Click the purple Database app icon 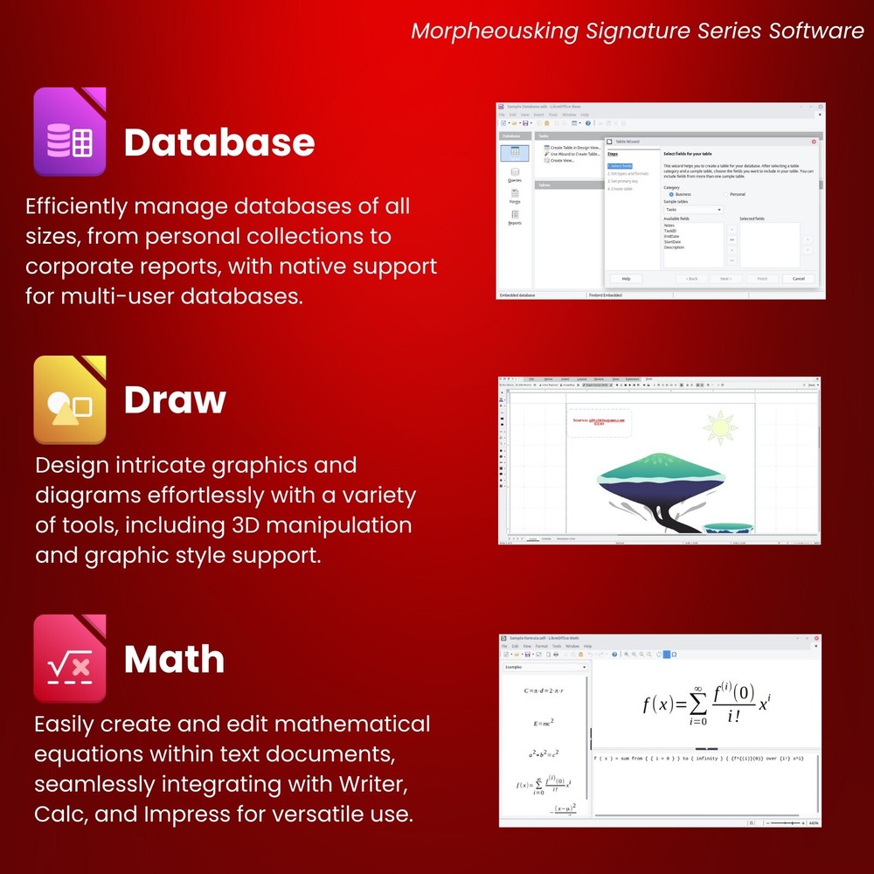(x=70, y=132)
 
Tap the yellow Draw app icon (x=70, y=399)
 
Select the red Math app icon (x=70, y=658)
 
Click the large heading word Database (x=219, y=142)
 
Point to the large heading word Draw (x=175, y=399)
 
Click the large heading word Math (x=174, y=659)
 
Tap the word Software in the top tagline (x=816, y=31)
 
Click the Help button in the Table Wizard (x=626, y=279)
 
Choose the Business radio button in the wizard (x=671, y=194)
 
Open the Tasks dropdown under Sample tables (x=693, y=210)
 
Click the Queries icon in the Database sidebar (x=515, y=175)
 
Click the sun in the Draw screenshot (x=721, y=427)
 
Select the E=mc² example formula (x=544, y=724)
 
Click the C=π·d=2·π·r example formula (x=544, y=691)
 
